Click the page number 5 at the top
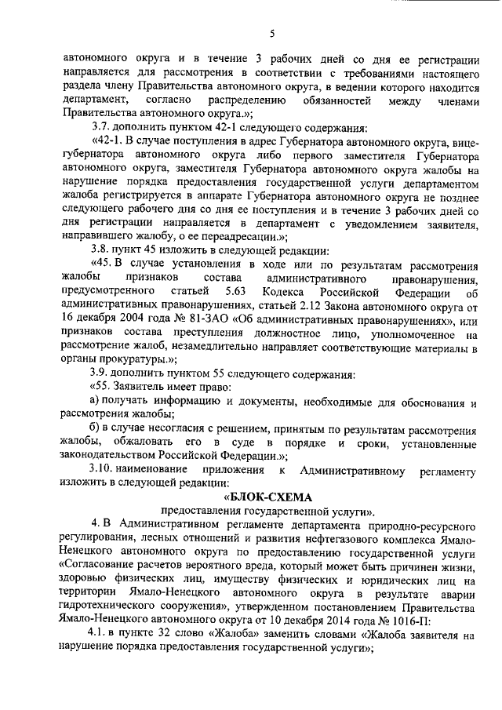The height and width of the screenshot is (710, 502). pos(271,32)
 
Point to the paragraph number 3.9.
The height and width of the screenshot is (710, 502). pos(100,373)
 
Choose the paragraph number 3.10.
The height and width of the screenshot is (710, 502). pos(104,469)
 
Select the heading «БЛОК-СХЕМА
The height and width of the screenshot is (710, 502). pos(268,497)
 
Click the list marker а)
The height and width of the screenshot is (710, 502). pos(93,401)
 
